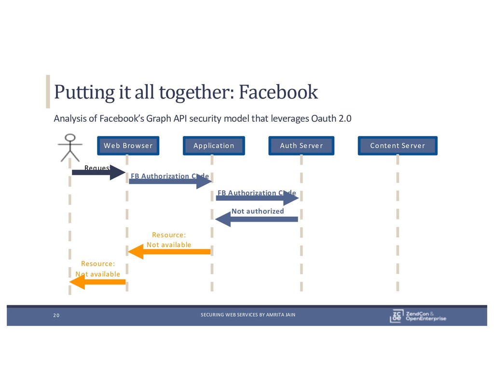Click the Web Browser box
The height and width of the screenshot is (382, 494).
tap(128, 145)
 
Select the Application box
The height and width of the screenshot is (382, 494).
tap(214, 145)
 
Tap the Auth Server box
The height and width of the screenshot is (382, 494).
tap(301, 145)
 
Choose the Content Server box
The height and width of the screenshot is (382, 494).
tap(398, 145)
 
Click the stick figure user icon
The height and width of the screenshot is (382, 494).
tap(70, 147)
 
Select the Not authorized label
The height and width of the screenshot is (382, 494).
tap(258, 211)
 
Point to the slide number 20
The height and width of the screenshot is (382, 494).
tap(56, 315)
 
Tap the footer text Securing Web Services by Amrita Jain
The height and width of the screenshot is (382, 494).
tap(248, 315)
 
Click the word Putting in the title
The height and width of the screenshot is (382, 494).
tap(75, 91)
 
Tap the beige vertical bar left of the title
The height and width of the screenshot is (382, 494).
tap(48, 91)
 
